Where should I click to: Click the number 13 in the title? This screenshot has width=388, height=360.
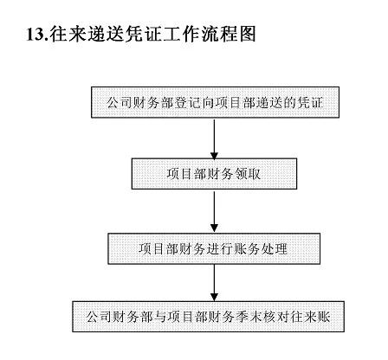(x=36, y=35)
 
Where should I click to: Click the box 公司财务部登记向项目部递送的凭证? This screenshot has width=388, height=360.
(x=215, y=102)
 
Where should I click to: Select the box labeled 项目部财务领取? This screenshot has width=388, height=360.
(x=214, y=174)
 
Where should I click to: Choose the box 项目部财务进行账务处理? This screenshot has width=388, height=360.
(x=214, y=248)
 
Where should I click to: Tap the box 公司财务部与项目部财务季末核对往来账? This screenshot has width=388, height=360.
(x=208, y=317)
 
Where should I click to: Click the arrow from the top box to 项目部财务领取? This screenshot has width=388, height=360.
(x=214, y=139)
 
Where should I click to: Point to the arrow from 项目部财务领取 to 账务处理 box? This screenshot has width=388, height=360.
(x=214, y=211)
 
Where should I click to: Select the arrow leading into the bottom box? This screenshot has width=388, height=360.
(x=214, y=283)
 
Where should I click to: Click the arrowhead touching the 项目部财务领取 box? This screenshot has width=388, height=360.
(x=214, y=155)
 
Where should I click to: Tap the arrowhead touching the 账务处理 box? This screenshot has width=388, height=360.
(x=214, y=228)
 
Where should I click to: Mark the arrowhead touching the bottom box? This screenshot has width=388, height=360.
(x=214, y=298)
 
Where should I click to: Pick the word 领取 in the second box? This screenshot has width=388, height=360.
(x=248, y=174)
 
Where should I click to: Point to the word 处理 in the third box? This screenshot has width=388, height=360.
(x=275, y=249)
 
